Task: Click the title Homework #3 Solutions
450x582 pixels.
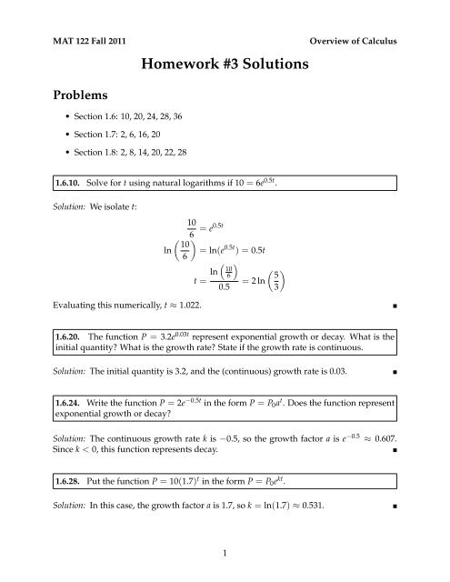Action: pos(225,65)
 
